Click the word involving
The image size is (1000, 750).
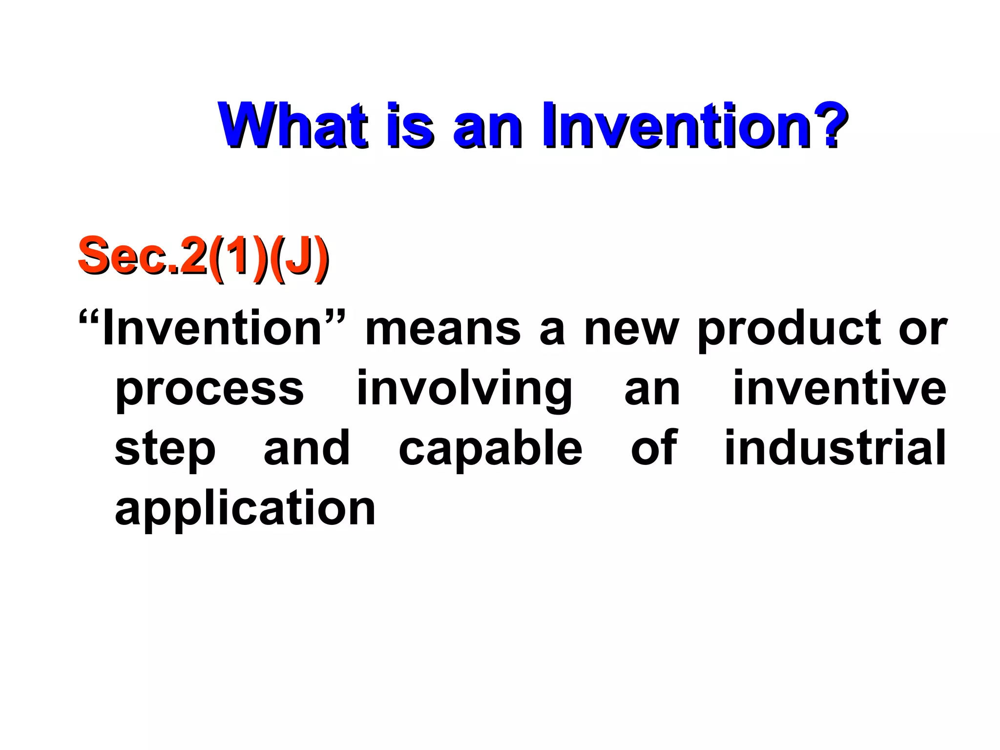coord(464,391)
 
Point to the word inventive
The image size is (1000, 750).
coord(839,389)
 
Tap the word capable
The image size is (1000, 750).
coord(490,448)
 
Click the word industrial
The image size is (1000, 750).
coord(835,448)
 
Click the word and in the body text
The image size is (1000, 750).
coord(307,448)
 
